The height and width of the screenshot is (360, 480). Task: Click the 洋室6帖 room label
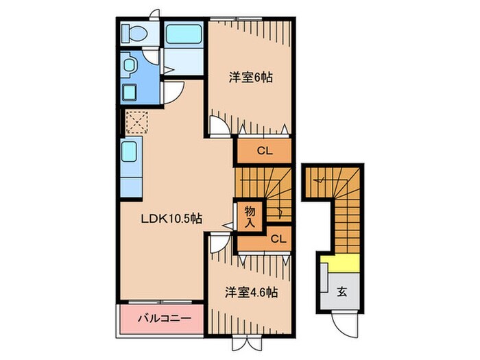coord(250,78)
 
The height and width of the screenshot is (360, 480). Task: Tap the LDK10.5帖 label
coord(171,219)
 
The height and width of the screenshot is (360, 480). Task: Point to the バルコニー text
coord(161,319)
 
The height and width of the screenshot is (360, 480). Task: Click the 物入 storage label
coord(250,216)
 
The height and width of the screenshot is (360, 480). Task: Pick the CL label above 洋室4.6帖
coord(278,239)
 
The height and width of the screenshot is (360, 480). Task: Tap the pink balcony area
coord(162,319)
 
